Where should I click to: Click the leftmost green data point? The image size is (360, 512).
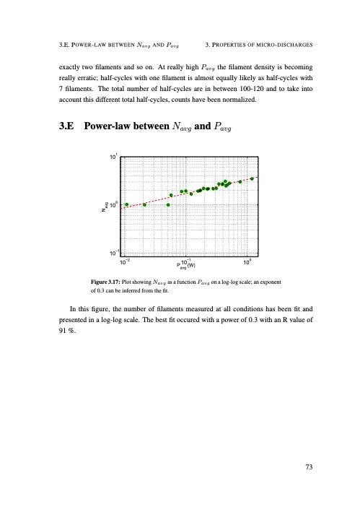pyautogui.click(x=127, y=204)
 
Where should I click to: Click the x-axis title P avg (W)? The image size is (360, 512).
pyautogui.click(x=186, y=265)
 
